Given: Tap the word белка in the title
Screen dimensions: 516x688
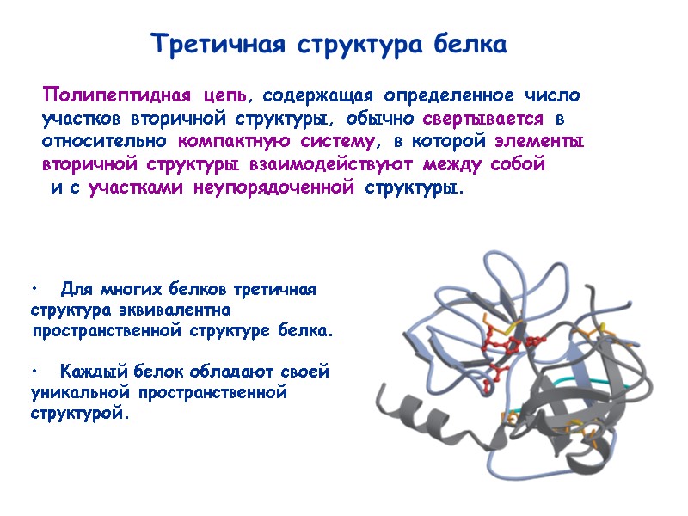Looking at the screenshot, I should click(470, 43).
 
